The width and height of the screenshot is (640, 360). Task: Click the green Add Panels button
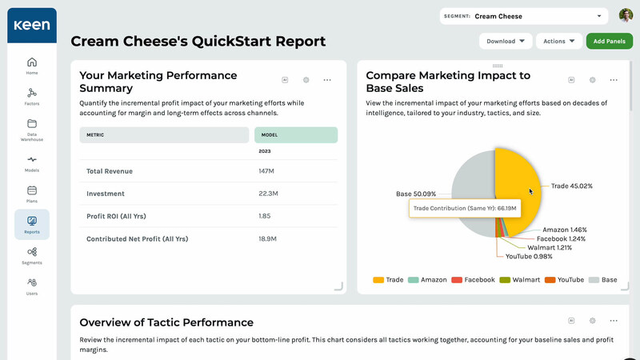point(610,41)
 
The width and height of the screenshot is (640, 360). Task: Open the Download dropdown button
point(506,41)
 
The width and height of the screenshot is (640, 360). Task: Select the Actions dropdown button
point(559,41)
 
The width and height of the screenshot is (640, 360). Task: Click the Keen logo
point(31,25)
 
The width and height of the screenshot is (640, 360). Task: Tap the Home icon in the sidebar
point(32,66)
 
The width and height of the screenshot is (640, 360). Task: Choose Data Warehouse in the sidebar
point(32,130)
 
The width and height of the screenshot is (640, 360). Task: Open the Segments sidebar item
point(32,256)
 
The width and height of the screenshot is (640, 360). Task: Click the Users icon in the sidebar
point(32,286)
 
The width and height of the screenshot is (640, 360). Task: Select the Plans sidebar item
point(32,194)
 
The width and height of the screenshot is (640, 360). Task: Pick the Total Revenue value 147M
point(266,171)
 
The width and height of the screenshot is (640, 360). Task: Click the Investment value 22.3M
point(268,194)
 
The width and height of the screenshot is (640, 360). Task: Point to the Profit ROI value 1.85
point(265,216)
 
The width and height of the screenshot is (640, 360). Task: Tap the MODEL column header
point(270,135)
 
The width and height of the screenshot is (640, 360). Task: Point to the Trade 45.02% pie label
point(571,186)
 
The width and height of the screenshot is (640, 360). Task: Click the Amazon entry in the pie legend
point(428,280)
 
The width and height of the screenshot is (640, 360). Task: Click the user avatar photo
point(626,15)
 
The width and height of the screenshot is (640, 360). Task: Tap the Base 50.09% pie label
point(416,194)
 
